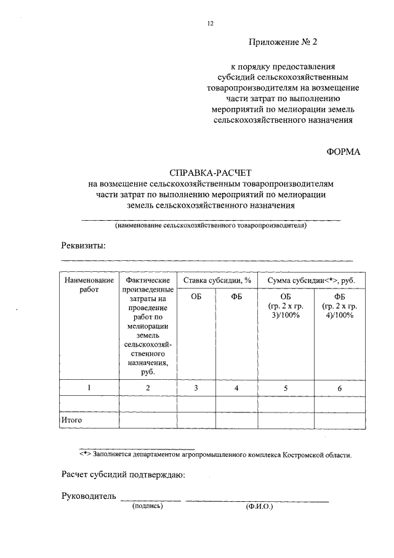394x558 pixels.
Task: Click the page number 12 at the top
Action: (x=210, y=23)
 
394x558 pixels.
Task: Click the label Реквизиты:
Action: (x=83, y=245)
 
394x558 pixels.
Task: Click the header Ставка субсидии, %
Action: (x=217, y=280)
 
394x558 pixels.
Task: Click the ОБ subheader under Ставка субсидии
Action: (x=196, y=297)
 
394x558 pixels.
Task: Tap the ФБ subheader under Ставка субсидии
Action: (x=237, y=297)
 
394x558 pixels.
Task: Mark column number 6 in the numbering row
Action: (x=339, y=387)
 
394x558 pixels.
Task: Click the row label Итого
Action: (x=71, y=420)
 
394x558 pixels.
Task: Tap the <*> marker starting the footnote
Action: (x=85, y=456)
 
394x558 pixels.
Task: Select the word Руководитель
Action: (x=89, y=496)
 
